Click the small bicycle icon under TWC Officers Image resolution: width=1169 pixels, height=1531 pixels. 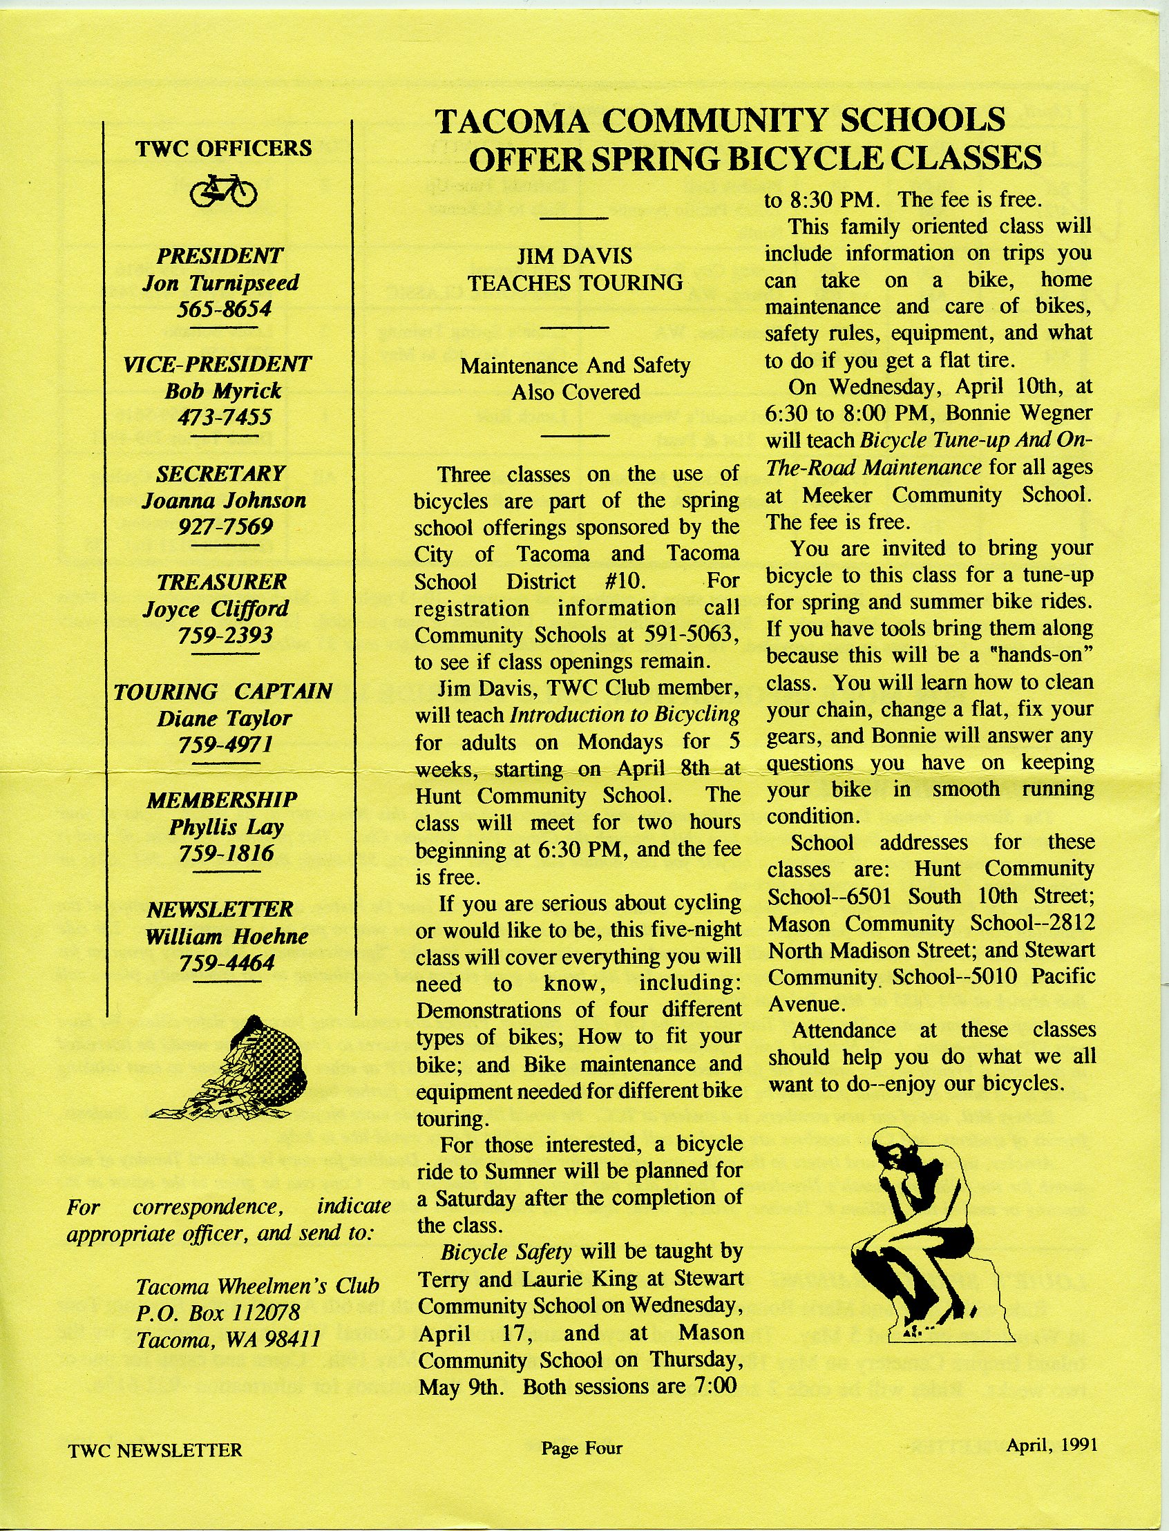pos(224,190)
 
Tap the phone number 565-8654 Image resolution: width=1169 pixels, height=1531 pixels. pos(224,309)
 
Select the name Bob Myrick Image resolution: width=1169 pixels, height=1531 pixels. pos(223,390)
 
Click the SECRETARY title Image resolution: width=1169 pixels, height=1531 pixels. pos(220,473)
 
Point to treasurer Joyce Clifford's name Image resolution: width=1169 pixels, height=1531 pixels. pos(216,609)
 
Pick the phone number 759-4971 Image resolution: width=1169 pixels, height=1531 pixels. pos(225,745)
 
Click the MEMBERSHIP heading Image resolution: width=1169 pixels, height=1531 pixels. pos(222,799)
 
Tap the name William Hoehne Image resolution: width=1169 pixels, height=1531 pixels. pos(227,936)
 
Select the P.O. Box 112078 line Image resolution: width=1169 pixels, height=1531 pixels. pos(218,1313)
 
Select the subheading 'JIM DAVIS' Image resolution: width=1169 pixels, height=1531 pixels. pos(575,256)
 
